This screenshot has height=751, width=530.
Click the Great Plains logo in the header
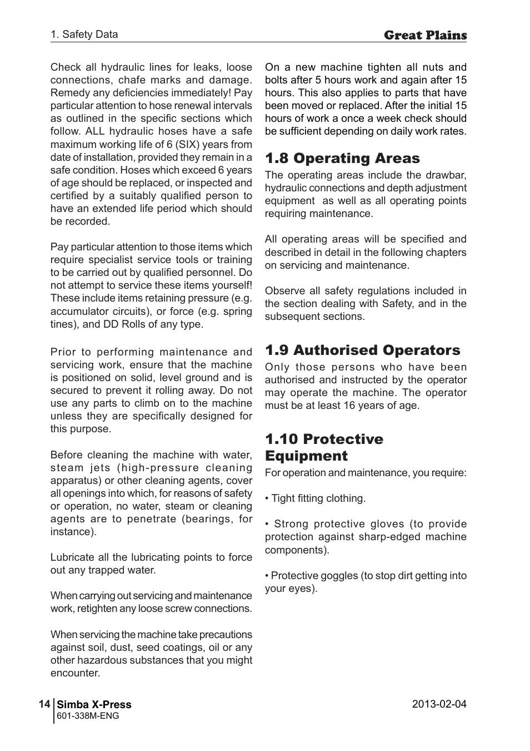tap(425, 35)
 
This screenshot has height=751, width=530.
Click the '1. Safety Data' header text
tap(84, 34)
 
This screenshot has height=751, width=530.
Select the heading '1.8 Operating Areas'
tap(342, 158)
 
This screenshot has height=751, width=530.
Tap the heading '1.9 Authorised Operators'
tap(362, 350)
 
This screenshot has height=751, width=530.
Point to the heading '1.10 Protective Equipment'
tap(324, 447)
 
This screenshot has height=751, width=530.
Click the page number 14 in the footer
tap(44, 704)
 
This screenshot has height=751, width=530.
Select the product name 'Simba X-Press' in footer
tap(94, 705)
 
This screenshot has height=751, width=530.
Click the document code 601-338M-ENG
tap(88, 716)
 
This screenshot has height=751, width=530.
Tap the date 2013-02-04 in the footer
tap(439, 704)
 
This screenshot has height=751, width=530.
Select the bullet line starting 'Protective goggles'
tap(366, 576)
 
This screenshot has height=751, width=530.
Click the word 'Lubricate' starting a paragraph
tap(72, 557)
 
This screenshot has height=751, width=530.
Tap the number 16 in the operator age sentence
tap(349, 406)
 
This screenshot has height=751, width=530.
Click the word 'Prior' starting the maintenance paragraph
tap(62, 352)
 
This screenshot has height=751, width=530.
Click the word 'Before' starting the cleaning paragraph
tap(66, 455)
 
